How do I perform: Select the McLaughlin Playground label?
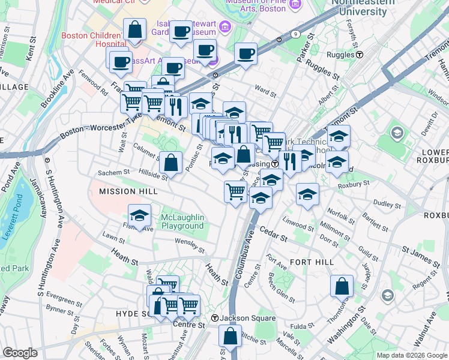click(x=182, y=221)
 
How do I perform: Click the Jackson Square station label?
click(x=238, y=317)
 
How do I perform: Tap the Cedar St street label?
click(x=274, y=235)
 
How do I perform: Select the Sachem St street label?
click(x=114, y=172)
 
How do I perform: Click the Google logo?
click(x=20, y=353)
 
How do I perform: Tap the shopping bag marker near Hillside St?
click(x=171, y=162)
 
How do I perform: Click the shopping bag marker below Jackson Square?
click(x=230, y=336)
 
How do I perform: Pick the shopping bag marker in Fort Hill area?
click(x=342, y=286)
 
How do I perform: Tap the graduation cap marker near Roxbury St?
click(x=307, y=194)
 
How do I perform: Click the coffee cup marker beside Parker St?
click(x=246, y=54)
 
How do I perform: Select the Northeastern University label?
click(x=360, y=7)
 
